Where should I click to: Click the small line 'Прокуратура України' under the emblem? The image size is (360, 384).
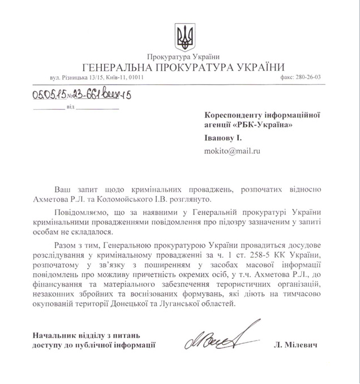(x=182, y=57)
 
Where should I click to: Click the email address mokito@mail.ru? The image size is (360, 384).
(x=230, y=151)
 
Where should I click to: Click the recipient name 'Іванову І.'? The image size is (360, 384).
(x=222, y=137)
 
